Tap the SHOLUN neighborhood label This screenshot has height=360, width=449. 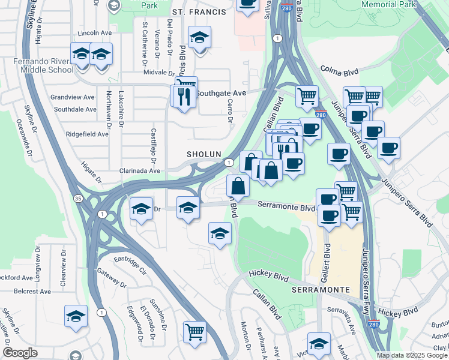tap(204, 154)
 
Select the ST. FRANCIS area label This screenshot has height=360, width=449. tap(199, 12)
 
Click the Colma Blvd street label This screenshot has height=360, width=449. tap(339, 71)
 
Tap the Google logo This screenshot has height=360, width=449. tap(20, 353)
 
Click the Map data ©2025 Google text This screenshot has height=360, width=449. tap(412, 355)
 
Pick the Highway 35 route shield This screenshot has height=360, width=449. tap(79, 197)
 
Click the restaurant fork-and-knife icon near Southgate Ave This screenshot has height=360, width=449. tap(184, 95)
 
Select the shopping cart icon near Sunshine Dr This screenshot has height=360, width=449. tap(194, 332)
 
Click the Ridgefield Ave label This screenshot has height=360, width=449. tap(87, 134)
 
